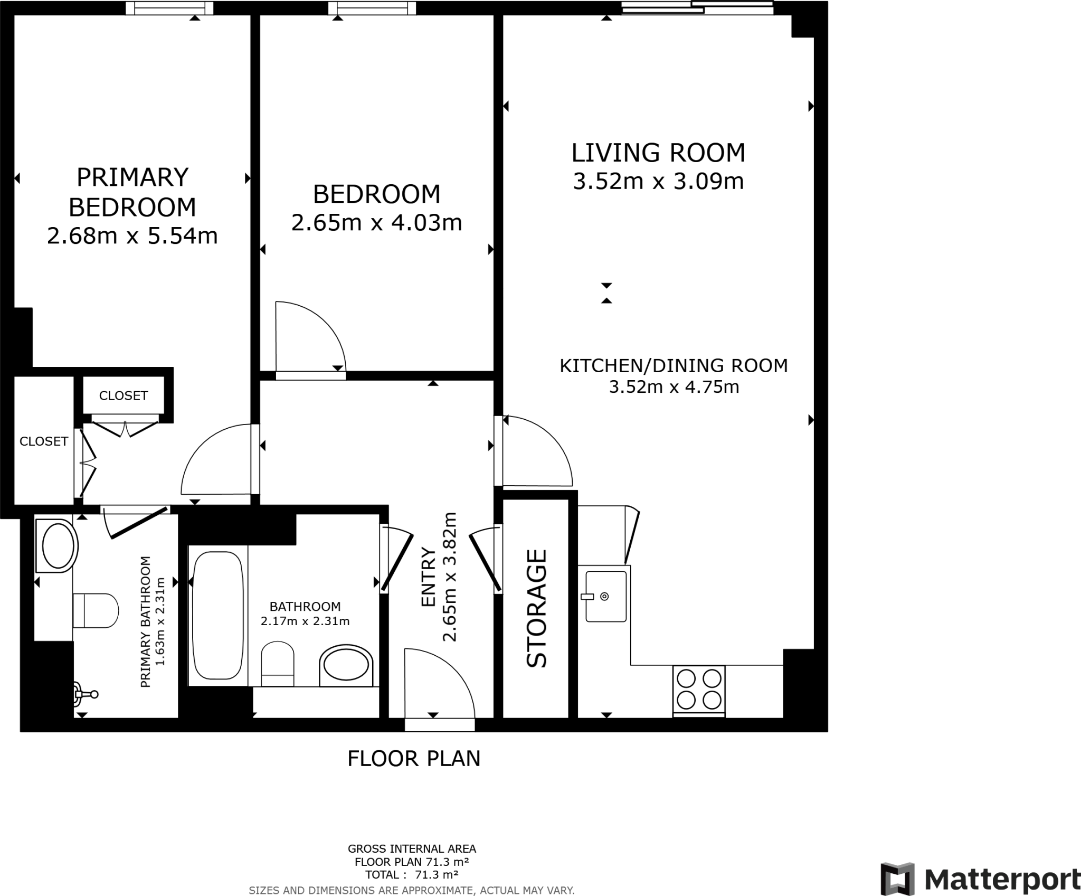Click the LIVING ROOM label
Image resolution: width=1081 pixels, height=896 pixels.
tap(658, 153)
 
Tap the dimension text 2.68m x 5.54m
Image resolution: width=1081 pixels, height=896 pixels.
tap(132, 236)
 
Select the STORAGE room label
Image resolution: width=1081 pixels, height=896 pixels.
tap(537, 608)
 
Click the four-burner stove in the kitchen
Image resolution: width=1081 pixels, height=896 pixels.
tap(699, 689)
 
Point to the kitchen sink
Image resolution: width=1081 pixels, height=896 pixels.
tap(605, 596)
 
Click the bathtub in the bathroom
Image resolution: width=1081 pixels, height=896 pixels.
tap(218, 616)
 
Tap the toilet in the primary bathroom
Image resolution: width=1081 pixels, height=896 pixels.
tap(96, 610)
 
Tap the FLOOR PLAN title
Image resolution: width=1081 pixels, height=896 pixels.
tap(414, 759)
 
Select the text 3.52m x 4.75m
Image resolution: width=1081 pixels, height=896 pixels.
tap(674, 387)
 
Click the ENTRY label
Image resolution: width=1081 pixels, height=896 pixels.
tap(429, 578)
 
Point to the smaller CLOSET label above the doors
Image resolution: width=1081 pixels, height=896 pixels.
tap(124, 395)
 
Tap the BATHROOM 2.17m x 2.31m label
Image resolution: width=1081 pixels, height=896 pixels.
tap(305, 614)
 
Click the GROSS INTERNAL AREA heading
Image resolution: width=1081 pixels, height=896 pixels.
tap(412, 849)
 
